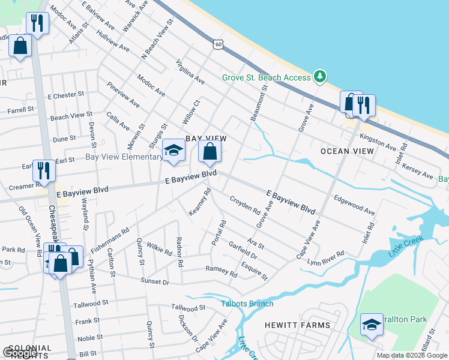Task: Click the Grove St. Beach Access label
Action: [x=266, y=77]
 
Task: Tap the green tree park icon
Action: [x=321, y=77]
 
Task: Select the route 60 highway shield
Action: [x=217, y=44]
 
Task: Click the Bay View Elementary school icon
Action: [x=174, y=151]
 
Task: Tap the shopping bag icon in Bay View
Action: [x=209, y=152]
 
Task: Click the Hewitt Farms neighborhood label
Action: [x=297, y=325]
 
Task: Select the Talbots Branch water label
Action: [x=247, y=304]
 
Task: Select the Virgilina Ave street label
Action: [x=191, y=73]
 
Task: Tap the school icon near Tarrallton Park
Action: [x=372, y=325]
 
